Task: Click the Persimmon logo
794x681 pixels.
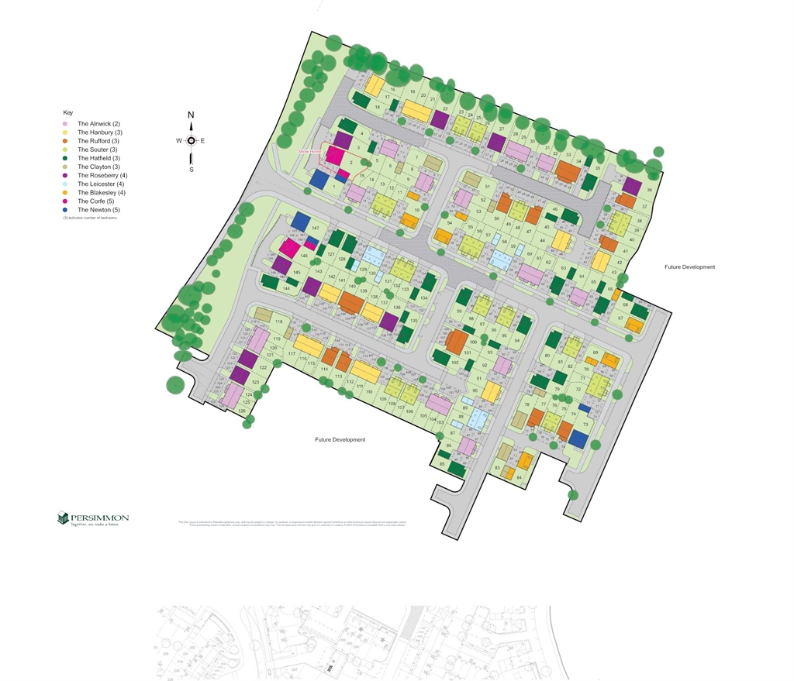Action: click(93, 518)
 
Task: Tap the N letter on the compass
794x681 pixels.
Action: click(191, 115)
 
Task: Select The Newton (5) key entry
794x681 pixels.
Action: click(99, 210)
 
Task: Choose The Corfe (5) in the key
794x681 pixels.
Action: click(95, 201)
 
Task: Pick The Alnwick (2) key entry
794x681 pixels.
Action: click(98, 124)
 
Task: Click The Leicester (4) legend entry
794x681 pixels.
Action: click(100, 184)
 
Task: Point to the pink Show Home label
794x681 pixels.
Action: click(309, 152)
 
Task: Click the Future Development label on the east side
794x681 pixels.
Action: click(689, 267)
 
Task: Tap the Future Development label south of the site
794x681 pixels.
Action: click(340, 440)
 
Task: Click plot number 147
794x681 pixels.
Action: click(315, 229)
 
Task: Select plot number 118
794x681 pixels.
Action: click(278, 322)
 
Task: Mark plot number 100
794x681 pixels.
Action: click(473, 342)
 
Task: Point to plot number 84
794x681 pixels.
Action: click(519, 477)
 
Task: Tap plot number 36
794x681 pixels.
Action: click(649, 190)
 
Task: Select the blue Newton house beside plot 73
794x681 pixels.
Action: click(577, 439)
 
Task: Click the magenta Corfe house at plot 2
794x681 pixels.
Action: click(335, 154)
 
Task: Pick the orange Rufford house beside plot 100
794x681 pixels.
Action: click(456, 340)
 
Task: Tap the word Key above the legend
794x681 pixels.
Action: click(67, 113)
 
